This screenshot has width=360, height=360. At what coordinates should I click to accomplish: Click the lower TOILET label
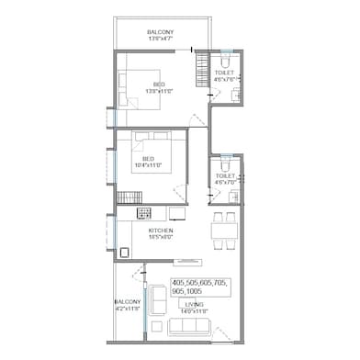pos(225,175)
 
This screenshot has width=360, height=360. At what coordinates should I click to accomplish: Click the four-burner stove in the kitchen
pos(143,213)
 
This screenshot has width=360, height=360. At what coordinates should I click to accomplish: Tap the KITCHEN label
pos(162,230)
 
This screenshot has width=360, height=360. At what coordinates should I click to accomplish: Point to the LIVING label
pos(195,304)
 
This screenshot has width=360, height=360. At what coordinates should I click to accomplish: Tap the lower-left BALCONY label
pos(128,301)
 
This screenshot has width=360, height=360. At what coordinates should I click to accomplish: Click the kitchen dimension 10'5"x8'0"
pos(162,237)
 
